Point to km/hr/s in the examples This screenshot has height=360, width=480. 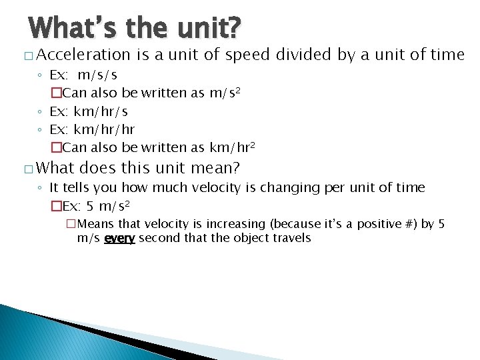point(101,111)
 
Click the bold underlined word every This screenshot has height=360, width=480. point(120,238)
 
